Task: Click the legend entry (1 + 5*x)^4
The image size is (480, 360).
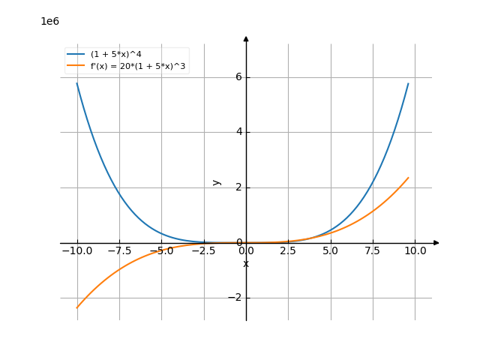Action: click(x=117, y=55)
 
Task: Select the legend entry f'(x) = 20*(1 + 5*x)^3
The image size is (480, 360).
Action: click(x=138, y=67)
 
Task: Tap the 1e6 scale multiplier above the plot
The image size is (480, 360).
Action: click(x=49, y=21)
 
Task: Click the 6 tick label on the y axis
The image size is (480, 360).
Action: click(x=239, y=77)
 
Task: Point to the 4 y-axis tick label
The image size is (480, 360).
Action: click(x=239, y=132)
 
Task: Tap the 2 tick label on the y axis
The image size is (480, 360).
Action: click(x=239, y=187)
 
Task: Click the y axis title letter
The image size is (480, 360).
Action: click(x=217, y=181)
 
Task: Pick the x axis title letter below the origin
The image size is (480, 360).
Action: click(x=246, y=264)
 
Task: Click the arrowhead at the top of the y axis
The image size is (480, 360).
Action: click(x=246, y=38)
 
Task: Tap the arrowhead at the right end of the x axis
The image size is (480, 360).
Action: click(x=436, y=243)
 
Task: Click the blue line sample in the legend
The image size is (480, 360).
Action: click(x=76, y=55)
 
